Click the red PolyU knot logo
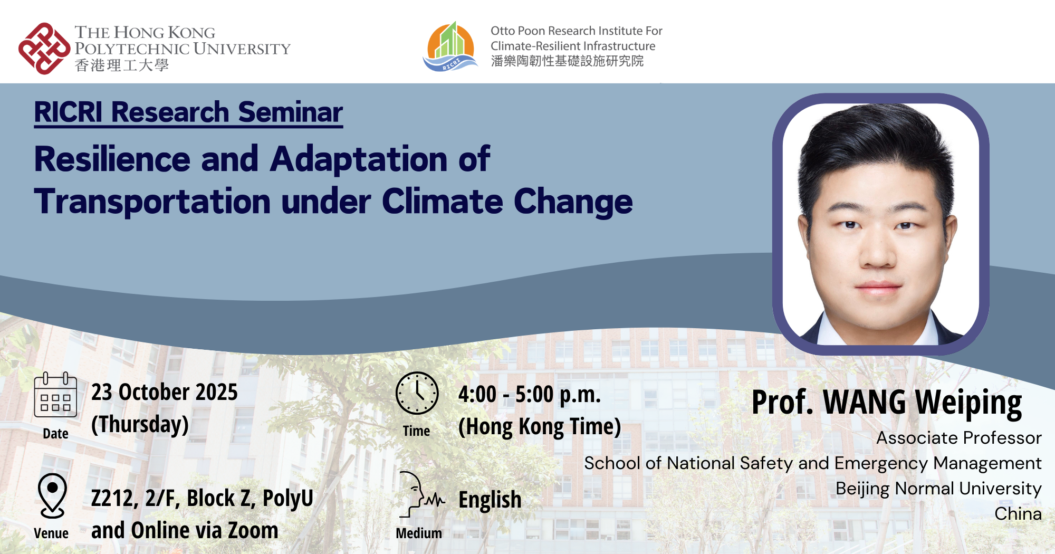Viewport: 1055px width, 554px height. coord(44,49)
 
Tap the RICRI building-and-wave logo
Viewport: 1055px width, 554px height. coord(450,47)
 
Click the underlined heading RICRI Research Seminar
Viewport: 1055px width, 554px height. coord(188,112)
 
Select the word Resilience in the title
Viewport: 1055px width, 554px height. coord(112,159)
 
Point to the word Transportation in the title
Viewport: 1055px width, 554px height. coord(152,202)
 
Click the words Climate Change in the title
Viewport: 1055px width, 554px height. coord(506,202)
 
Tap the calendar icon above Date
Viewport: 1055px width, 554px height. coord(55,395)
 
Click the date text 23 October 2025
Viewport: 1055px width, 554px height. coord(164,392)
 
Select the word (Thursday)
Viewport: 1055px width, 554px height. coord(140,424)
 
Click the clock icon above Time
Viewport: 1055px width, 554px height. coord(417,393)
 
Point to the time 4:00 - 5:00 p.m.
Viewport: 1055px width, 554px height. coord(529,394)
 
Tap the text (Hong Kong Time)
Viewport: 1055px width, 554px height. coord(539,427)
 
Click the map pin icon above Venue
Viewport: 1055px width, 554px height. coord(52,495)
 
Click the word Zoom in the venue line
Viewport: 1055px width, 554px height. coord(253,530)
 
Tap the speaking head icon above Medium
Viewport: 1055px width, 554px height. coord(420,495)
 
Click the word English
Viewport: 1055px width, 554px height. coord(490,500)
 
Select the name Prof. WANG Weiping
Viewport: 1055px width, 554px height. coord(886,403)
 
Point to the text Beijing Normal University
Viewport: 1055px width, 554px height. coord(938,488)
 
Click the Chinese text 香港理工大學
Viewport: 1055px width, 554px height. coord(122,65)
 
